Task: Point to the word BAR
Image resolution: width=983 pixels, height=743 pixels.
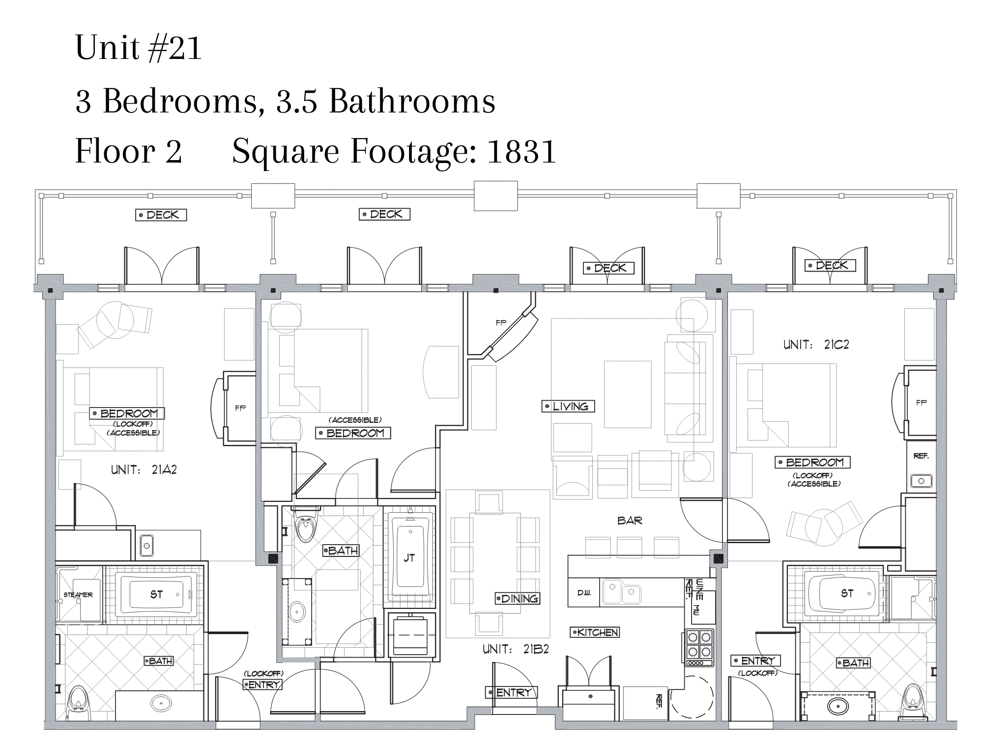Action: (630, 521)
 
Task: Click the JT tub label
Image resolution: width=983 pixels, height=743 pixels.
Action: (409, 558)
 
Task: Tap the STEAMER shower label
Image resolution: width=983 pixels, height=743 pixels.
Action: (78, 595)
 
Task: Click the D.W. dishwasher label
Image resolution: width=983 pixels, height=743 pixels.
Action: (584, 593)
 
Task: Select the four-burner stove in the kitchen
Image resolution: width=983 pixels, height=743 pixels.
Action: (699, 648)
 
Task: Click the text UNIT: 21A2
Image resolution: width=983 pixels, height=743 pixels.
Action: (144, 470)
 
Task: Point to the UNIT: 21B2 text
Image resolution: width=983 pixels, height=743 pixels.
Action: (516, 649)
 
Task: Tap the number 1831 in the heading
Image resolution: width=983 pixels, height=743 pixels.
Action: (521, 151)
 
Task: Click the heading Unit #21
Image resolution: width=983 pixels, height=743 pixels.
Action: (139, 48)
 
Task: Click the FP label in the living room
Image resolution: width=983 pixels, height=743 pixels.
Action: (501, 323)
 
